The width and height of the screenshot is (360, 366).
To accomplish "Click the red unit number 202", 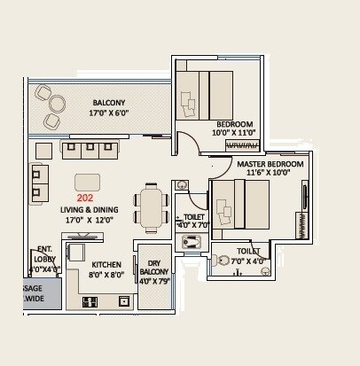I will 85,199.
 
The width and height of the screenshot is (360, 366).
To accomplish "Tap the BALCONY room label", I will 108,103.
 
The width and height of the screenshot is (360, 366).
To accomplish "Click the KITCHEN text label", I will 106,264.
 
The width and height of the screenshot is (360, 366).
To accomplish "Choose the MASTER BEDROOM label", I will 270,165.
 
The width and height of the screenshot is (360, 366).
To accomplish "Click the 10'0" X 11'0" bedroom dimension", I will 233,133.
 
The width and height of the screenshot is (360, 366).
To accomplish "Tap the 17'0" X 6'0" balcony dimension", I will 107,114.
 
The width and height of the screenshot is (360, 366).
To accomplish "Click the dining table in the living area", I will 152,206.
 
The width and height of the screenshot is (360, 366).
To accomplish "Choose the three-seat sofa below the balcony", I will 89,149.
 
